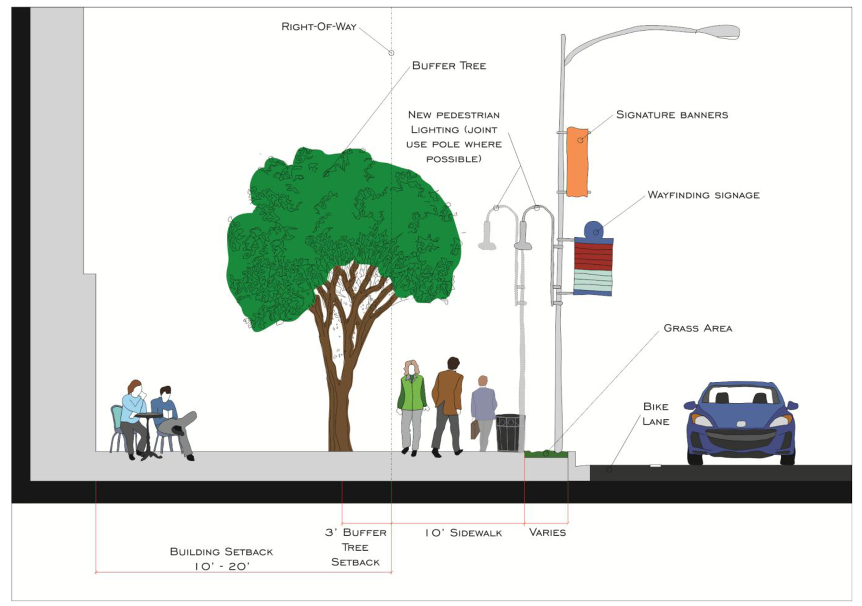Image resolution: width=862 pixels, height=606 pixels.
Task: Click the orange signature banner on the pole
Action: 577,162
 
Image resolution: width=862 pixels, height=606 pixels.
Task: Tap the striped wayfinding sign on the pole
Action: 593,267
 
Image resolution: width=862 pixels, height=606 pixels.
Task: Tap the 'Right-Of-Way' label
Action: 319,27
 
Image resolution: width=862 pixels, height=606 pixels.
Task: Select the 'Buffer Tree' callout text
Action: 449,66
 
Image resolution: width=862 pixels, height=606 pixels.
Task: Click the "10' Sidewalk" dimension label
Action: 463,533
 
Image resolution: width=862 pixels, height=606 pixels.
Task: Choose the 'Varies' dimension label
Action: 547,532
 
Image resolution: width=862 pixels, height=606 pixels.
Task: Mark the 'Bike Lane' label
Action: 655,414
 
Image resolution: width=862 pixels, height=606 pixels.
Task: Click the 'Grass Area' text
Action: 698,328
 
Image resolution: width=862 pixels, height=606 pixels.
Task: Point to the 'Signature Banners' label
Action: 672,115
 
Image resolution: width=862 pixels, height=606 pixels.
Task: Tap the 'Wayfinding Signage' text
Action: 703,195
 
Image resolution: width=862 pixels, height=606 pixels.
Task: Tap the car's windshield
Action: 742,395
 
